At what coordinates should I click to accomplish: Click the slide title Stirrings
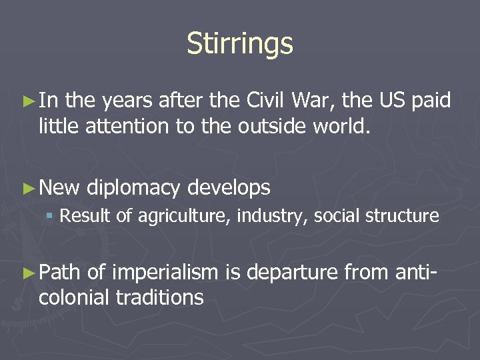pos(240,44)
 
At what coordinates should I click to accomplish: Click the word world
pos(333,126)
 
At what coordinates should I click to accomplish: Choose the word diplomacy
pos(133,189)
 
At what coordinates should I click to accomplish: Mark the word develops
pos(229,189)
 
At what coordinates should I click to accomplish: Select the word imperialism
pos(165,272)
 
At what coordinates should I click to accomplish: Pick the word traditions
pos(160,297)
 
